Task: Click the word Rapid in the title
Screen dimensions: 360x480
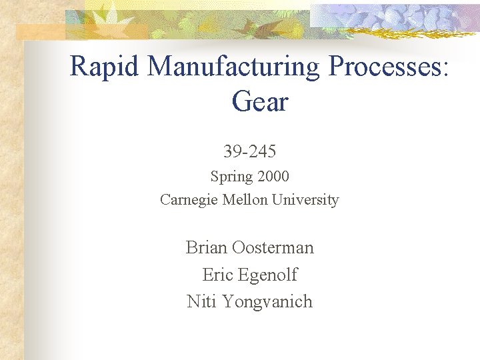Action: coord(105,67)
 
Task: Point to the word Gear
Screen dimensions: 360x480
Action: coord(259,102)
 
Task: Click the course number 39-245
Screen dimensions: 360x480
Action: coord(249,152)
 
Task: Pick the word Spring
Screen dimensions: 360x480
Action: coord(231,177)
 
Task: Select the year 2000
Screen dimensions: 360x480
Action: coord(271,177)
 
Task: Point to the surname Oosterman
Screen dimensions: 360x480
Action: coord(273,247)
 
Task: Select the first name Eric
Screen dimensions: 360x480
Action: coord(217,275)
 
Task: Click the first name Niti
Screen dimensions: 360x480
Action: coord(202,301)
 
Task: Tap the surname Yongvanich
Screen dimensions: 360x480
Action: coord(267,301)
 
